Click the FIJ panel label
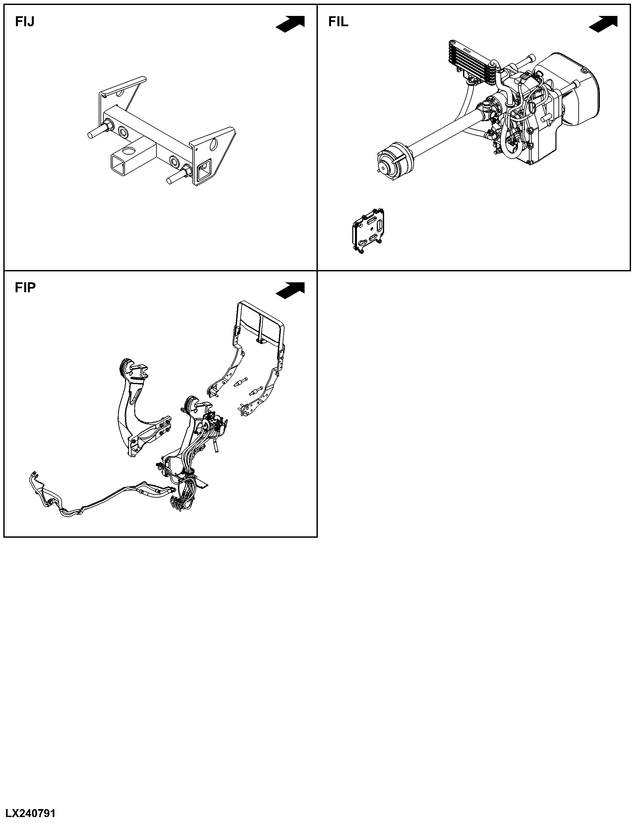click(x=25, y=22)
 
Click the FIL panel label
click(x=338, y=22)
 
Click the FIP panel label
click(x=25, y=288)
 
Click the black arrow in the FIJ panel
click(x=290, y=24)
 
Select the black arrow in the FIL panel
click(x=603, y=24)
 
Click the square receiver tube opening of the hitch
click(x=121, y=163)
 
